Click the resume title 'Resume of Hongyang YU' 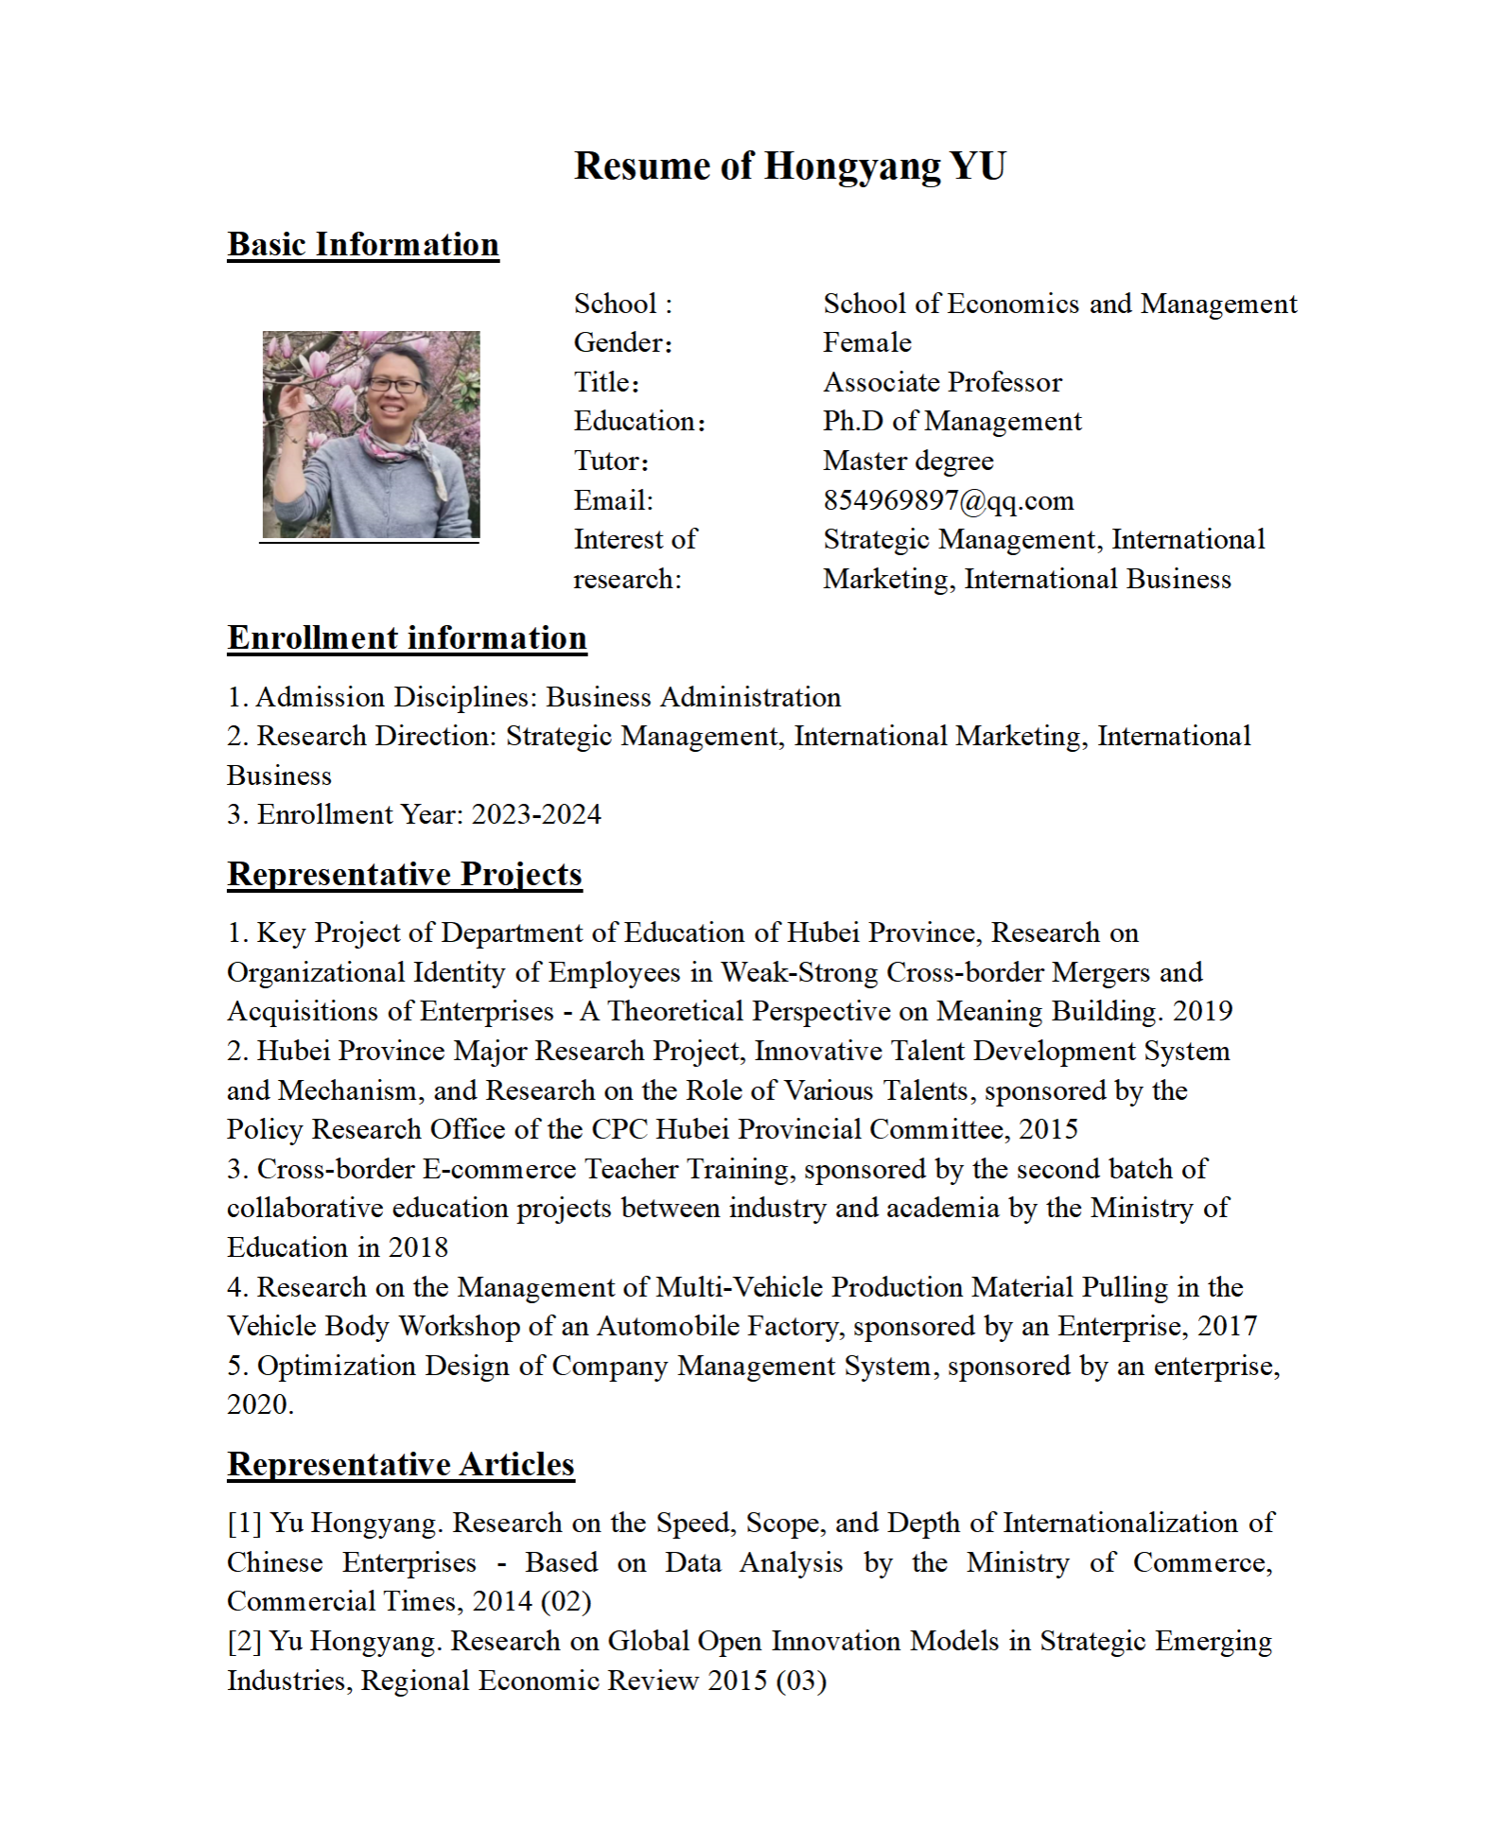pos(790,166)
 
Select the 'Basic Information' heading pos(363,245)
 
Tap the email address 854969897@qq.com pos(949,500)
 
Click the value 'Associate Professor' pos(942,382)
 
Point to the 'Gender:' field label pos(622,342)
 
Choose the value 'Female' pos(867,342)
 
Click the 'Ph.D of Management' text pos(951,421)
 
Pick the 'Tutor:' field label pos(611,461)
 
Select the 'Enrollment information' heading pos(407,638)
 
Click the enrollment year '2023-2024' pos(536,814)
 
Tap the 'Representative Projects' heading pos(405,875)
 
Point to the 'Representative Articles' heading pos(401,1465)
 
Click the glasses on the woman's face pos(395,385)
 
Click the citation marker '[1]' pos(244,1524)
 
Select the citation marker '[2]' pos(244,1642)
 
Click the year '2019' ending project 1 pos(1202,1012)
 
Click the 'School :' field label pos(622,304)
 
